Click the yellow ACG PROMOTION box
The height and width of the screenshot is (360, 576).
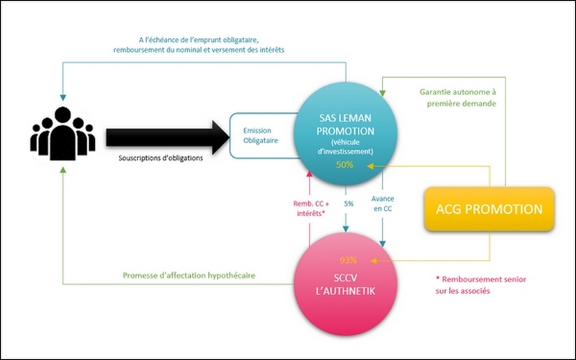489,209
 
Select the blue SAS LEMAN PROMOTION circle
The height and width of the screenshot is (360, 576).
346,133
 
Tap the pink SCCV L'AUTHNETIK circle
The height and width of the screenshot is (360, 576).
346,284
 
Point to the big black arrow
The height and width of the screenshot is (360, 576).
168,137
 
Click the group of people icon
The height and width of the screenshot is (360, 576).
63,133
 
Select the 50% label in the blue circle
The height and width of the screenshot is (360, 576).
345,165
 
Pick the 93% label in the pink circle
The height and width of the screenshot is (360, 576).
348,260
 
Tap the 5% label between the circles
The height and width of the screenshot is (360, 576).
348,204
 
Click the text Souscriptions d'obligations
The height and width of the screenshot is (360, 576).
161,158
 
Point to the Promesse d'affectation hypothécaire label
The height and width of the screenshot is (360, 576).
189,276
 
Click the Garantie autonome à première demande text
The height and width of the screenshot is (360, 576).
458,98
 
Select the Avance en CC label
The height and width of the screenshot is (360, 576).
382,204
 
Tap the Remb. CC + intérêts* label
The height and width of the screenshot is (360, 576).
311,208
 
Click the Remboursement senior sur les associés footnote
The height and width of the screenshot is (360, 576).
481,284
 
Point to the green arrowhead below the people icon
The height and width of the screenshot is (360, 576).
63,169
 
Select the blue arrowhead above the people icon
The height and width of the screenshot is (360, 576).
63,98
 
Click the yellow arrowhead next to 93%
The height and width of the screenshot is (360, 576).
374,261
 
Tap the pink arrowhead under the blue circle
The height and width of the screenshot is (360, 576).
310,174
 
